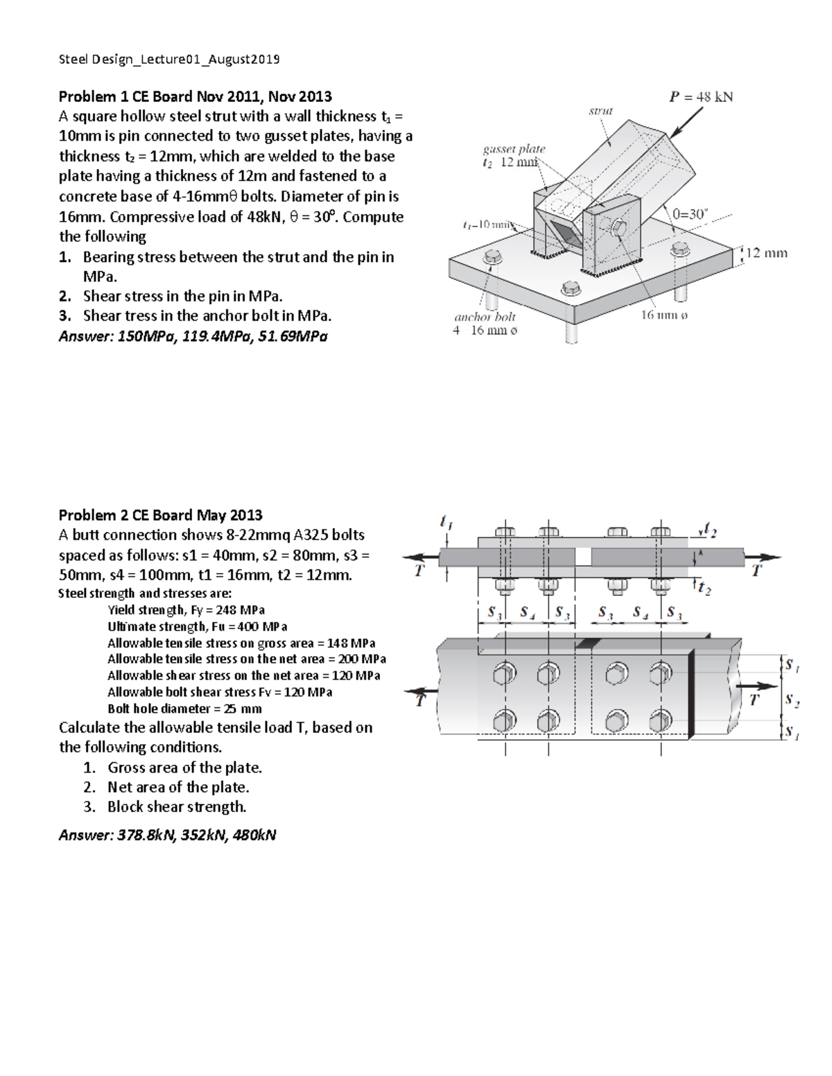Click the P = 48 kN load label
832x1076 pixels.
coord(701,97)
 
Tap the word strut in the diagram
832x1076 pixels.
coord(600,110)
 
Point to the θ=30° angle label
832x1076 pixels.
coord(689,214)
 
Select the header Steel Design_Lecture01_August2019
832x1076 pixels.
coord(169,59)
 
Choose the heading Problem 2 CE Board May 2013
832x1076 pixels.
coord(160,515)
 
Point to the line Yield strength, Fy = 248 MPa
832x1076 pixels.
coord(186,610)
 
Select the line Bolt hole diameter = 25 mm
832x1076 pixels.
coord(184,708)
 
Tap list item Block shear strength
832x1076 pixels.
coord(177,806)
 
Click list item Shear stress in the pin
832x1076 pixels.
coord(182,297)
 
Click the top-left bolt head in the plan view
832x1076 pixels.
coord(505,672)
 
